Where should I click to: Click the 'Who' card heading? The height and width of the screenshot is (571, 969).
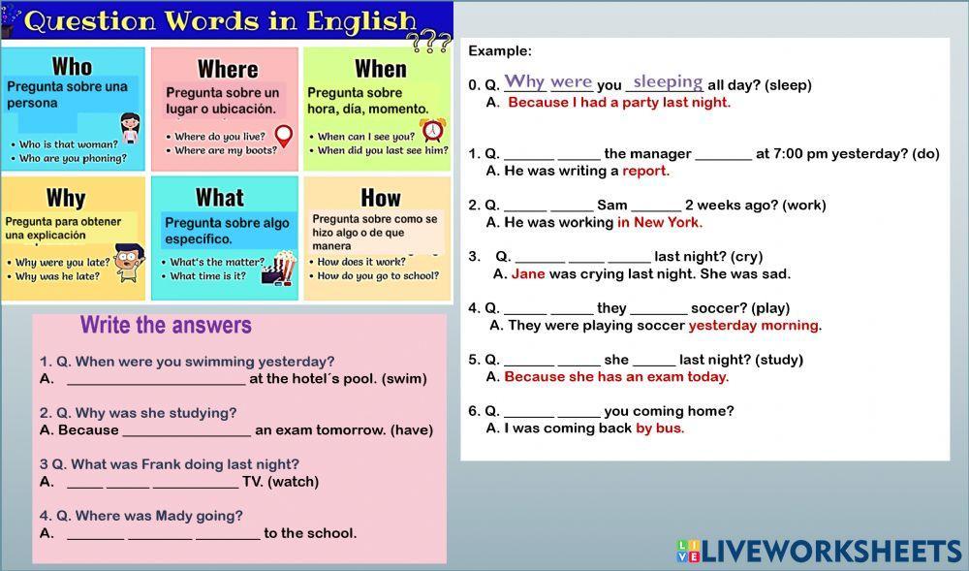pyautogui.click(x=72, y=66)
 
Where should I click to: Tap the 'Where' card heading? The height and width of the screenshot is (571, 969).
pyautogui.click(x=228, y=69)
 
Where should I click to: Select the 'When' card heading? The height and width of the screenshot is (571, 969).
pyautogui.click(x=380, y=68)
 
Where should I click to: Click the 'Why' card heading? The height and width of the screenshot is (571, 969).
pyautogui.click(x=66, y=198)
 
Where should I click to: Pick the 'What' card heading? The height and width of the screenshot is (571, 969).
pyautogui.click(x=220, y=198)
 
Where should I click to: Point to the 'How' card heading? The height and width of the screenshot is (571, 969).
pyautogui.click(x=380, y=198)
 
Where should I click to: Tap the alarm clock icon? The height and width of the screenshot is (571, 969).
pyautogui.click(x=432, y=130)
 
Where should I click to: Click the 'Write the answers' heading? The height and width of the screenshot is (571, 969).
pyautogui.click(x=166, y=326)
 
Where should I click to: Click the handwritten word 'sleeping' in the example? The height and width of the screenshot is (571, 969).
pyautogui.click(x=667, y=82)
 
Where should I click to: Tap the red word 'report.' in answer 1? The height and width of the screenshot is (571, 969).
pyautogui.click(x=645, y=171)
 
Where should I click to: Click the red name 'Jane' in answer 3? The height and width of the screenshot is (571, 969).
pyautogui.click(x=528, y=273)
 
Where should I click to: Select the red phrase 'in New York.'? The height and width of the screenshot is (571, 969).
pyautogui.click(x=660, y=222)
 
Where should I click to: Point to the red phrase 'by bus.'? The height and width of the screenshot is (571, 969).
pyautogui.click(x=660, y=428)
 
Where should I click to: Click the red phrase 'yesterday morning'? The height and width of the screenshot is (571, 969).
pyautogui.click(x=753, y=325)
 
